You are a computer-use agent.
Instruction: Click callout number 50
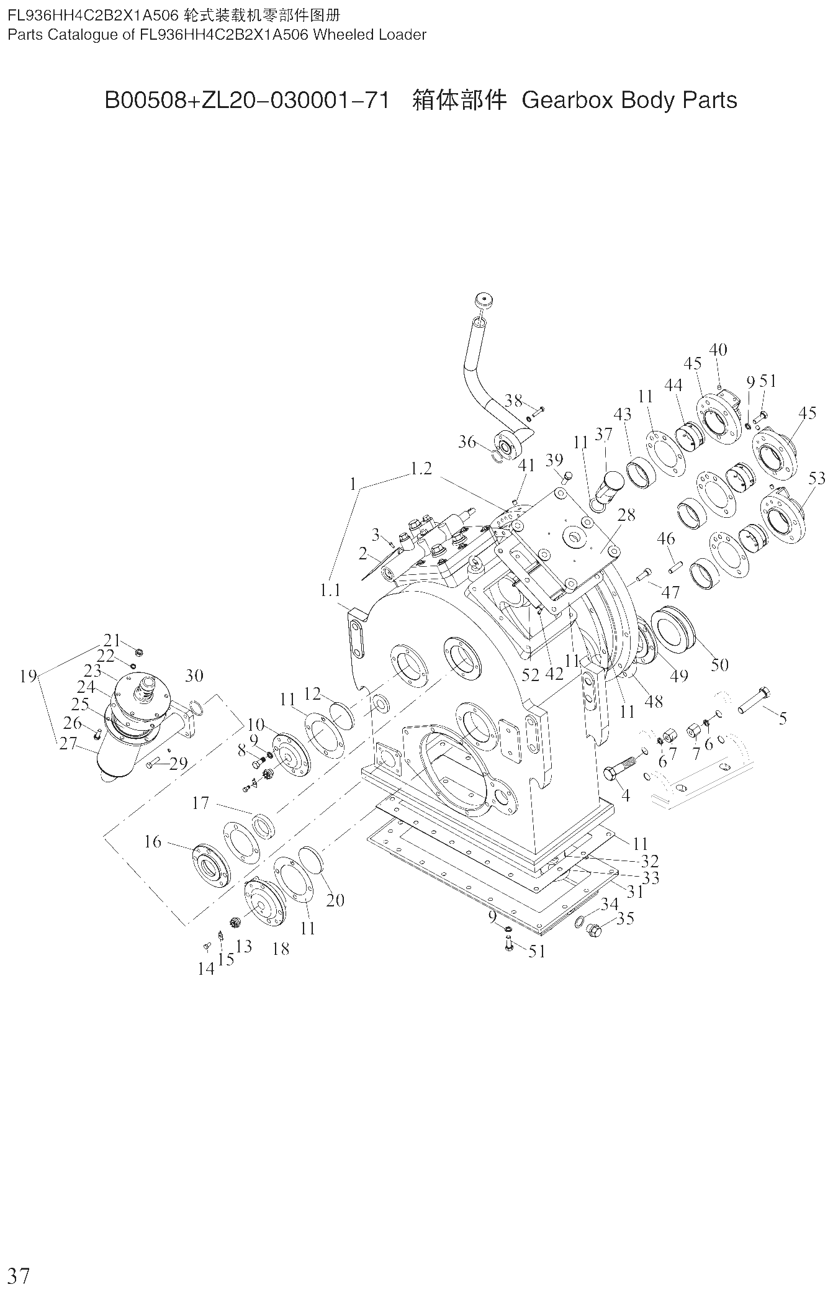point(719,664)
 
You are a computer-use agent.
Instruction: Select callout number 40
point(718,350)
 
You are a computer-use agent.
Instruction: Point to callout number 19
point(28,676)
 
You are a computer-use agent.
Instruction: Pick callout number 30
point(194,675)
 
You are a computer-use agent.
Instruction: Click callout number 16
point(153,842)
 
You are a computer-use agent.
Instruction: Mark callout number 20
point(335,900)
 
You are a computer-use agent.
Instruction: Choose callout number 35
point(626,918)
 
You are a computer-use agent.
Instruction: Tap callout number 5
point(783,718)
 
